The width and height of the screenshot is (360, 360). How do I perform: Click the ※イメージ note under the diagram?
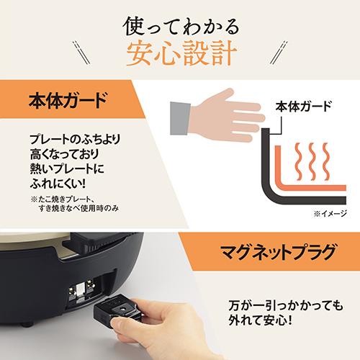coord(328,213)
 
